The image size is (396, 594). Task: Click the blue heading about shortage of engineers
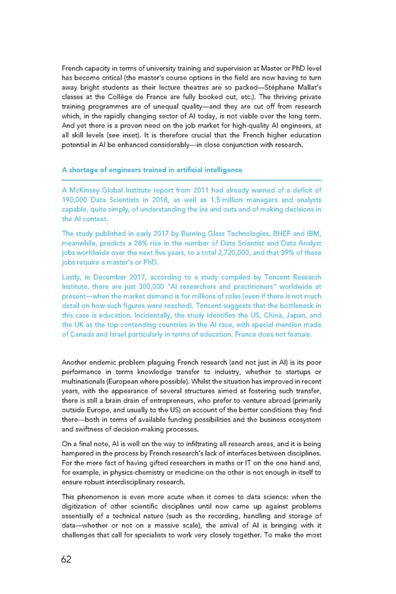point(152,170)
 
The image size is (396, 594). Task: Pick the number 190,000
point(79,200)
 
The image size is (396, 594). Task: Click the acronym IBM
point(312,233)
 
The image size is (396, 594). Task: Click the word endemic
point(109,362)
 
